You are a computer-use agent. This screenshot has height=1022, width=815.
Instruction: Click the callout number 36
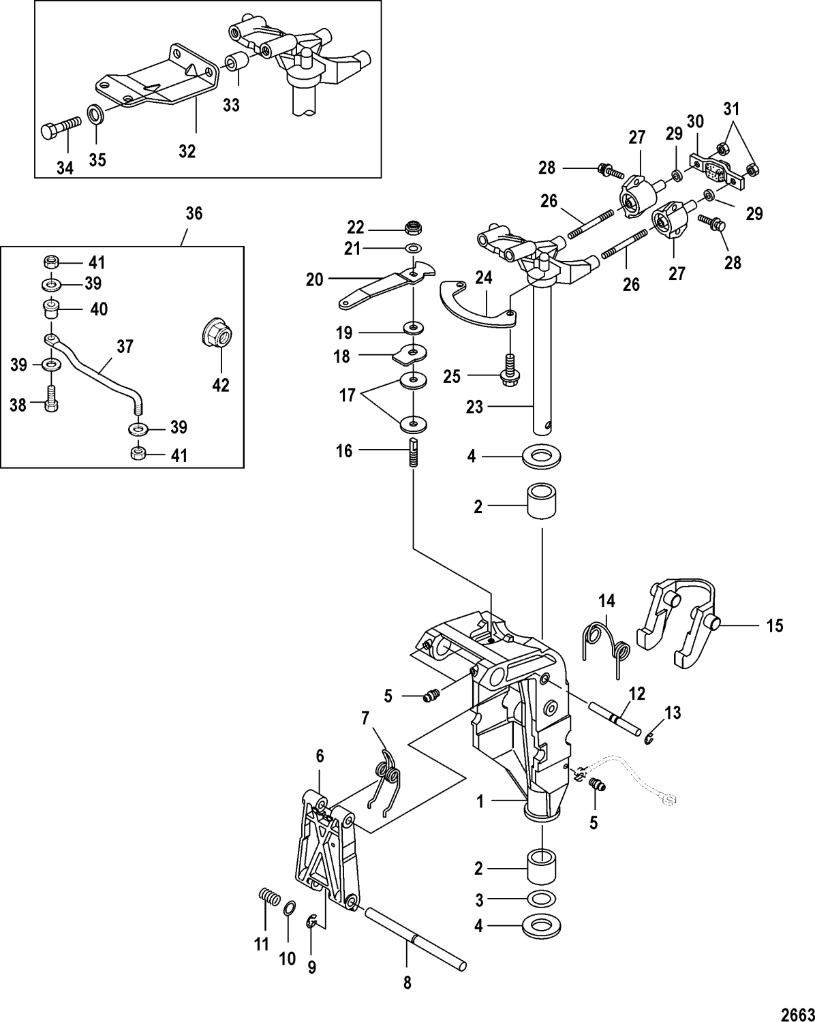[194, 214]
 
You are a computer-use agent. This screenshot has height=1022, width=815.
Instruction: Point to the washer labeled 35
[95, 112]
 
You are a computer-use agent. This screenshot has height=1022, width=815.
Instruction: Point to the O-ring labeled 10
[288, 908]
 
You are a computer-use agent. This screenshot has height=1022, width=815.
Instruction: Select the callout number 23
[474, 407]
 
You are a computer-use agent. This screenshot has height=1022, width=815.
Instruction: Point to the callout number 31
[730, 108]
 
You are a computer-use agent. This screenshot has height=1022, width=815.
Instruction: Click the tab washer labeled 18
[412, 354]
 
